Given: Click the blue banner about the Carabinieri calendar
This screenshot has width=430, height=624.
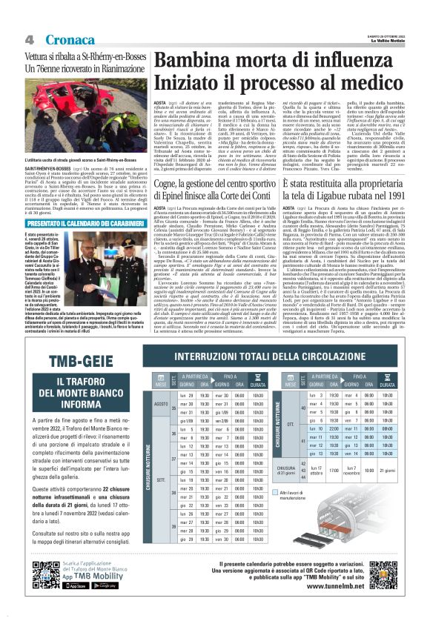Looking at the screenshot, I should [79, 222].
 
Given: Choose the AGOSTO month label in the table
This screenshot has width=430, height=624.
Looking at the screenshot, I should [162, 405].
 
